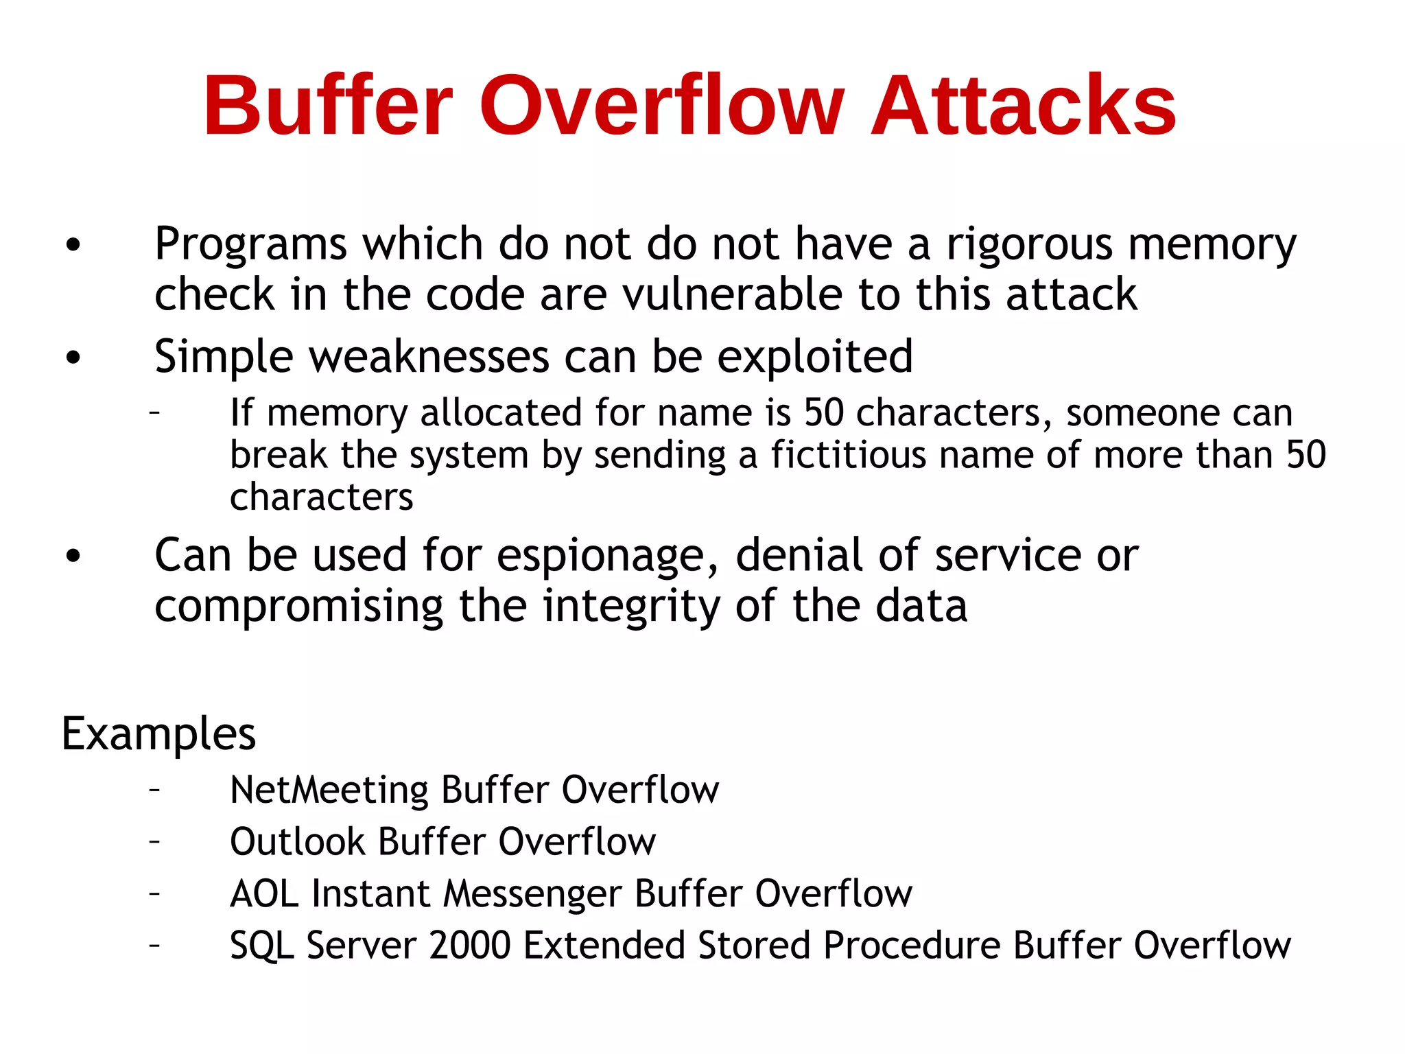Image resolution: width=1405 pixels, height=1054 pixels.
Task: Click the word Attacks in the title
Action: click(1023, 106)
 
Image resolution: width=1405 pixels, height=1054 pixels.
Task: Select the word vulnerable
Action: click(733, 295)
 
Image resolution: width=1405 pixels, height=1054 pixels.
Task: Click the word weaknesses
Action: click(429, 357)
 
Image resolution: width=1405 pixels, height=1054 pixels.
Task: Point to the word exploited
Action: click(814, 358)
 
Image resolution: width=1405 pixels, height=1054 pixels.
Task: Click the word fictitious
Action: click(848, 455)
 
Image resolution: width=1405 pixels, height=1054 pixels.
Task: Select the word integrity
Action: click(631, 607)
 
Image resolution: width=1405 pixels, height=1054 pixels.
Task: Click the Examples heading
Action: click(158, 734)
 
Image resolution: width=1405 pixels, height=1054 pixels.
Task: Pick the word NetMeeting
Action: click(329, 790)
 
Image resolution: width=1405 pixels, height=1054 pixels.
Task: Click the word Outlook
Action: click(297, 842)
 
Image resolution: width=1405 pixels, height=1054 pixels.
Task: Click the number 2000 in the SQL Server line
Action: click(470, 946)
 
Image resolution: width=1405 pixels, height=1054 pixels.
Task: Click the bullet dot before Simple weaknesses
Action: click(73, 358)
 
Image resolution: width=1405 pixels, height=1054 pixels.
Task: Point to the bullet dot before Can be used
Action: click(73, 557)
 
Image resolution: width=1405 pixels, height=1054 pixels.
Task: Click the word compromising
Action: click(299, 607)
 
